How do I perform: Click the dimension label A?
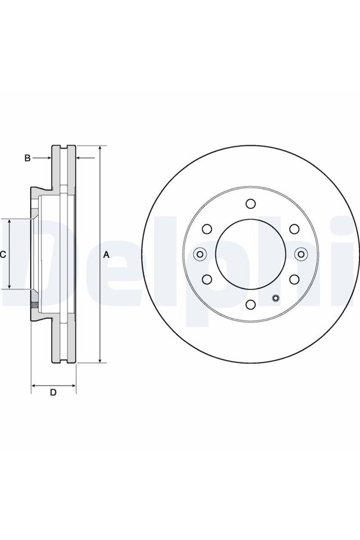[106, 255]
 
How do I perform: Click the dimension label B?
[27, 158]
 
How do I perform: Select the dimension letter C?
[2, 255]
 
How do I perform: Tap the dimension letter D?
[53, 392]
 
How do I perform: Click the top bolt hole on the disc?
[250, 204]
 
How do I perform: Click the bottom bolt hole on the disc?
[250, 304]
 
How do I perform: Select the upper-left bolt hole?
[207, 229]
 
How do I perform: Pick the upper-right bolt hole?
[294, 229]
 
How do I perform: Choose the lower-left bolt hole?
[207, 279]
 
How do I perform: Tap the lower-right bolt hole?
[294, 279]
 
